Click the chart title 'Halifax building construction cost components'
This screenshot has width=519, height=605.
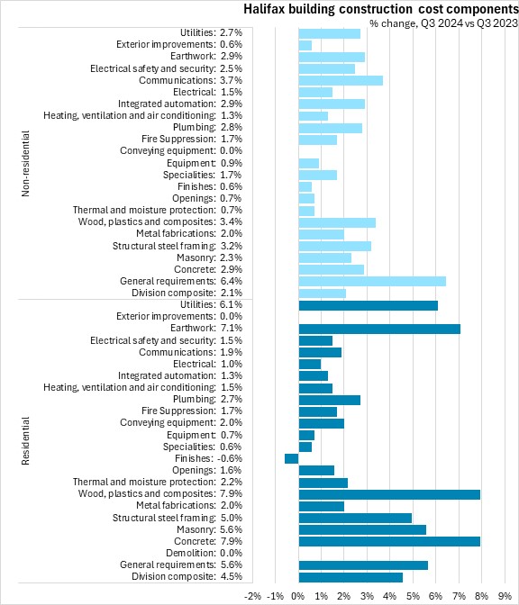[x=381, y=9]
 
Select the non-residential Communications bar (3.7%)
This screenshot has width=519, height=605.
[x=341, y=81]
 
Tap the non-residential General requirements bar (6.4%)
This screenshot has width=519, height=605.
[x=372, y=281]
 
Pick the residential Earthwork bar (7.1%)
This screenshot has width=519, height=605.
[x=379, y=329]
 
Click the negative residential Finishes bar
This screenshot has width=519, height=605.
[x=292, y=458]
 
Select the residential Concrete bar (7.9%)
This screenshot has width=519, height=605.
[x=389, y=541]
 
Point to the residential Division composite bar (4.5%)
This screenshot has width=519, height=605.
[x=351, y=577]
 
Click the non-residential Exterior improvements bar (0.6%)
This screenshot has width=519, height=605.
[x=305, y=45]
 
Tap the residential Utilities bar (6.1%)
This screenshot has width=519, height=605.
[x=369, y=305]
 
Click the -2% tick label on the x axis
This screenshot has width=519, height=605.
[x=252, y=596]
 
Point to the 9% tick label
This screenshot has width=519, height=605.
[x=505, y=596]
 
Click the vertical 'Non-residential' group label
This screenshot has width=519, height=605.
[x=25, y=164]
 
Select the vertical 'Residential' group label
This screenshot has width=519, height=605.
[x=25, y=440]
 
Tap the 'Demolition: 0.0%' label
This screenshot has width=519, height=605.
[x=204, y=553]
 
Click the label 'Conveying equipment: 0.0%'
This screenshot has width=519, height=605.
[x=181, y=150]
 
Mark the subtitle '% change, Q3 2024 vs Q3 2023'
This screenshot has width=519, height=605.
[x=443, y=23]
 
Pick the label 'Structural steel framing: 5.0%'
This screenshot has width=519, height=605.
[x=178, y=518]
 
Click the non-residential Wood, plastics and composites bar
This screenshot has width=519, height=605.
[x=337, y=222]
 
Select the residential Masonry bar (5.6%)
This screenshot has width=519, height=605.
[x=362, y=529]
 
